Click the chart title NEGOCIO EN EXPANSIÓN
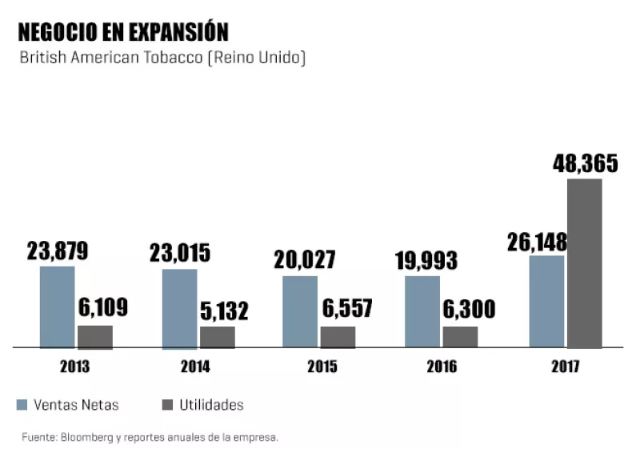pyautogui.click(x=123, y=32)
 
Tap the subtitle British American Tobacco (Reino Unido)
pyautogui.click(x=162, y=58)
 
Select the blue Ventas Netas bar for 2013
pyautogui.click(x=57, y=307)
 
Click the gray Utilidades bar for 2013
pyautogui.click(x=95, y=337)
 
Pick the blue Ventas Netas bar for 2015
pyautogui.click(x=300, y=312)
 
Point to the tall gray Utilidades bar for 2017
pyautogui.click(x=585, y=263)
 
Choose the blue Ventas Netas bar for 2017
pyautogui.click(x=546, y=302)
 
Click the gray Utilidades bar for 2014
pyautogui.click(x=218, y=337)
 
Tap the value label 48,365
pyautogui.click(x=585, y=163)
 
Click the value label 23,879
pyautogui.click(x=58, y=251)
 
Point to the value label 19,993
pyautogui.click(x=426, y=261)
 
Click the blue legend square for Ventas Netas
pyautogui.click(x=23, y=405)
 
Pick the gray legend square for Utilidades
pyautogui.click(x=168, y=405)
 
